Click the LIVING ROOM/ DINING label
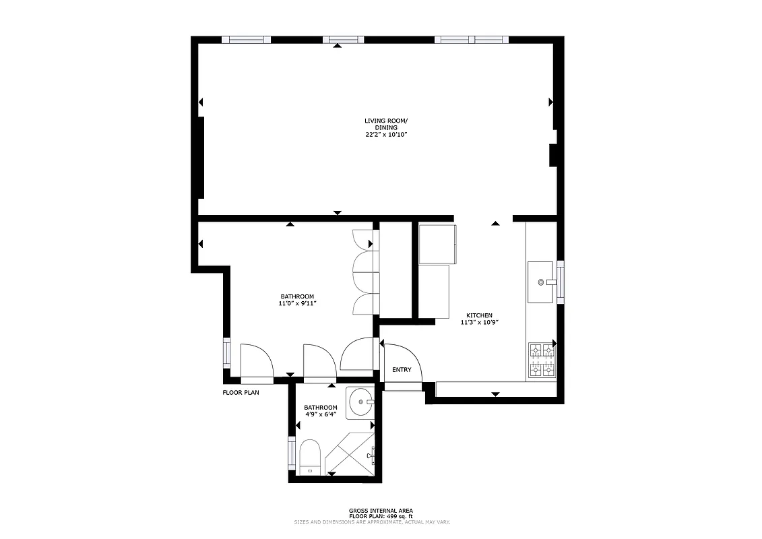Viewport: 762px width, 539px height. (x=386, y=124)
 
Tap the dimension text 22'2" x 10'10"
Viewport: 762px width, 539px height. (x=386, y=135)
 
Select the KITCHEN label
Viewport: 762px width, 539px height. (x=480, y=315)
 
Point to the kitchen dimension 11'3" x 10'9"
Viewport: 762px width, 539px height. (x=480, y=323)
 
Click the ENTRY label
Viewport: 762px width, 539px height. (x=402, y=369)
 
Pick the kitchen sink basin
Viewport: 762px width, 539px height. (x=543, y=282)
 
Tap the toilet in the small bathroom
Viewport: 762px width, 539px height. (x=310, y=457)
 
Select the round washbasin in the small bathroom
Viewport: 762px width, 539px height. (x=362, y=404)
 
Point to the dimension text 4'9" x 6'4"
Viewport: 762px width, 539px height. (x=320, y=415)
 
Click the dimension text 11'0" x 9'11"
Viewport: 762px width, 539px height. (x=297, y=304)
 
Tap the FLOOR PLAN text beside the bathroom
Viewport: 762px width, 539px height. (x=241, y=392)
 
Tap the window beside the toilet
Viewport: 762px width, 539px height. (x=292, y=453)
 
